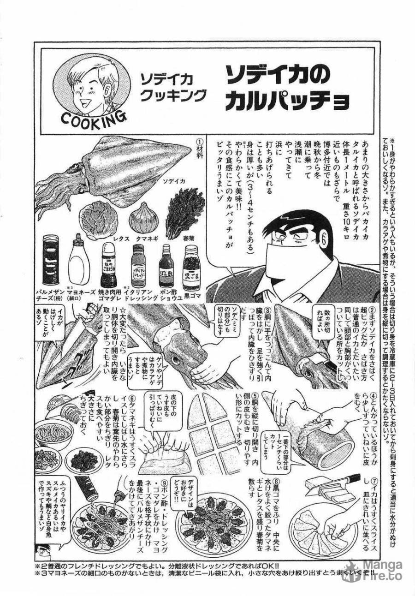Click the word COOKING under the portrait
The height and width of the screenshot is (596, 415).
coord(93,121)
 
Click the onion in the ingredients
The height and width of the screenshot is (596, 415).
coord(143,217)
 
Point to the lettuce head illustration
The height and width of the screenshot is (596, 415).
coord(98,220)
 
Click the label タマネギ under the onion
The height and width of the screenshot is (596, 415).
coord(144,239)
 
